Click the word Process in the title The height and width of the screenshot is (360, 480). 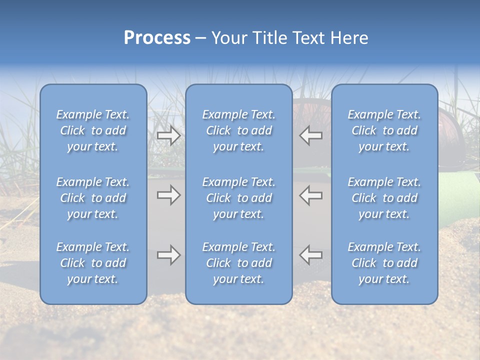tap(157, 38)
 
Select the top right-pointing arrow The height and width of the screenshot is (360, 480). tap(168, 135)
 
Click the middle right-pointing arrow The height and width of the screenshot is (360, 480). tap(168, 195)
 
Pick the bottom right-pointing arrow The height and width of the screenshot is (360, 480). tap(168, 255)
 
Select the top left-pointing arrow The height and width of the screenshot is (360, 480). tap(311, 135)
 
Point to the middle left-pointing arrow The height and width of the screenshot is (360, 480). tap(311, 195)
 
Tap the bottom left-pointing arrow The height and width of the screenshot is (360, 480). tap(311, 255)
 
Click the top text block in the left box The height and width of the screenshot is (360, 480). tap(93, 130)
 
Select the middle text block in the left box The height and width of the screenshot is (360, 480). tap(93, 198)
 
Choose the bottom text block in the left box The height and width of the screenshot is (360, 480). tap(93, 263)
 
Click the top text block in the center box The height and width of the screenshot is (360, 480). tap(238, 130)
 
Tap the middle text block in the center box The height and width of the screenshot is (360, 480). tap(238, 198)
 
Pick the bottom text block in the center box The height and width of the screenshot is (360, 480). tap(238, 263)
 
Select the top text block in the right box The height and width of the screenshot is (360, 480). tap(384, 130)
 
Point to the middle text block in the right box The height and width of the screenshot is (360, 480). tap(384, 198)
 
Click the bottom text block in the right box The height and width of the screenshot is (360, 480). tap(384, 263)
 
